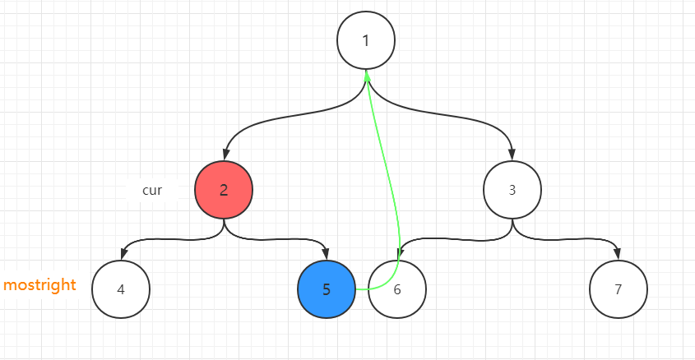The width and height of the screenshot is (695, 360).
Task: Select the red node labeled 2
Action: pos(224,190)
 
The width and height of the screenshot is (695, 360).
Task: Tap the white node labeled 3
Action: pos(512,190)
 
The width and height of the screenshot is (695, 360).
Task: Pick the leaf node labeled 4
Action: pos(121,289)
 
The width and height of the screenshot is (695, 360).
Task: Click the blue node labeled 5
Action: pos(327,289)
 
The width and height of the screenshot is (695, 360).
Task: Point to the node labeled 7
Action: pos(619,289)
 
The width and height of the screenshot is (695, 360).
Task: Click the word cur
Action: pos(152,190)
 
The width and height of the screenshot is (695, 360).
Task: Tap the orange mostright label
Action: pos(39,285)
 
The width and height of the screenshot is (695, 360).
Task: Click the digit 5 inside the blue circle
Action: pos(327,289)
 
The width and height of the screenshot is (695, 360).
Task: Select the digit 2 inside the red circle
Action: pos(224,190)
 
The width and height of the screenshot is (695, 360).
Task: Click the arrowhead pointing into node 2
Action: pos(224,156)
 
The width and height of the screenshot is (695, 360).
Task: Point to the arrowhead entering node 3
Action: pos(512,156)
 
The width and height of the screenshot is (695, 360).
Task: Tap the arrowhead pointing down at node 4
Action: pos(122,255)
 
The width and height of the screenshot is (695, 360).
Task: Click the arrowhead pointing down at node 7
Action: pos(619,255)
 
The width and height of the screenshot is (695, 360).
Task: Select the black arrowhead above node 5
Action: pos(327,255)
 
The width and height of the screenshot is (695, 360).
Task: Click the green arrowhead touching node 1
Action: pos(367,76)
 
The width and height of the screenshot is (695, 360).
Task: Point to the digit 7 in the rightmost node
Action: pos(619,289)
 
